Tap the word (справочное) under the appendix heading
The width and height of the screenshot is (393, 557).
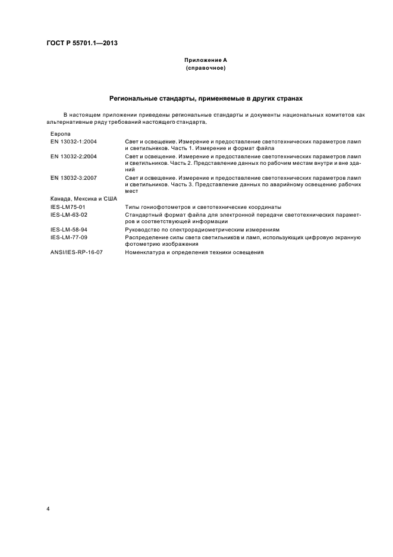coord(205,68)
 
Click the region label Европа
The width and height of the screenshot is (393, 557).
coord(61,134)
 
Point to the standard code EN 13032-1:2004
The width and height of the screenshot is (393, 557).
coord(74,142)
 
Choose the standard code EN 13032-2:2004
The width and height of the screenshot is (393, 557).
coord(74,157)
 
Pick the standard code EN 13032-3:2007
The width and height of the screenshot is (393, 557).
coord(74,177)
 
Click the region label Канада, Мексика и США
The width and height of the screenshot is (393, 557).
coord(84,199)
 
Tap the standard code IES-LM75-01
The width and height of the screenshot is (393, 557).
coord(68,206)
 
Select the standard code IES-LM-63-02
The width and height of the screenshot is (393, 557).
coord(70,214)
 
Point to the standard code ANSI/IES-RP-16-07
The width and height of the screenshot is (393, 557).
coord(77,252)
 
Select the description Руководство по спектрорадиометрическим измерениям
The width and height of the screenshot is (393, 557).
coord(202,229)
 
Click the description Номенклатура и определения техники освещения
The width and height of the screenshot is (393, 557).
coord(194,252)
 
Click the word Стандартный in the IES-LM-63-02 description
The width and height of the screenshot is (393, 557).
coord(142,214)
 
